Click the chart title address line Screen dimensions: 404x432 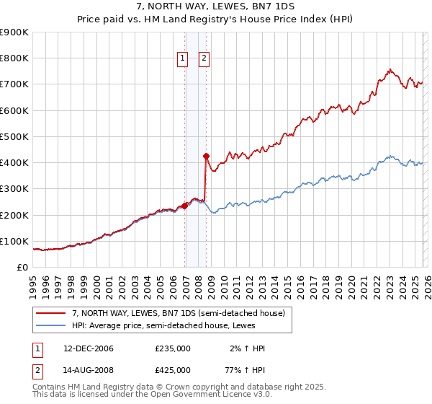[215, 6]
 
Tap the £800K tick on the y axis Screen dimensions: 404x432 [14, 58]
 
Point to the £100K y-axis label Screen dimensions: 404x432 [14, 241]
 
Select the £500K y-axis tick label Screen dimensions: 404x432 [14, 136]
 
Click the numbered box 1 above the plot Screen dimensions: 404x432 [182, 59]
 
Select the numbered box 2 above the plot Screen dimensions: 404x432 [204, 59]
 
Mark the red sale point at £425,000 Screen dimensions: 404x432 [206, 156]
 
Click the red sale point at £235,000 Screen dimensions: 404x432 [185, 206]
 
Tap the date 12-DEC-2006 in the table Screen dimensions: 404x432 [89, 348]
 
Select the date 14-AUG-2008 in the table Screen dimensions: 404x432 [89, 369]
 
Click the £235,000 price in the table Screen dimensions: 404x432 [173, 348]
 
